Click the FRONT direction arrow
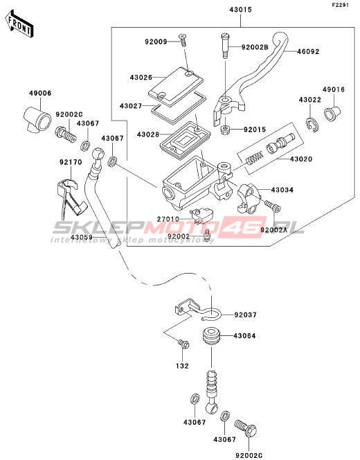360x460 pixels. point(19,24)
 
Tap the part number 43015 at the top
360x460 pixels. point(240,10)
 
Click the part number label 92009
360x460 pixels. point(156,42)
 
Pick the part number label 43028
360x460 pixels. point(148,134)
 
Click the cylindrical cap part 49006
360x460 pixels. point(37,119)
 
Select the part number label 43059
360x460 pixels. point(82,237)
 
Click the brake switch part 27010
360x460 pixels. point(201,215)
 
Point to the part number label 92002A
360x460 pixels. point(274,230)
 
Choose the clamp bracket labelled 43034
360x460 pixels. point(249,198)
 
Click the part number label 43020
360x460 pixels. point(301,159)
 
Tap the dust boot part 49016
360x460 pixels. point(332,113)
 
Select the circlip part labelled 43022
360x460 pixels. point(313,125)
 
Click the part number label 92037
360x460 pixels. point(245,315)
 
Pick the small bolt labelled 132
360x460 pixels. point(184,344)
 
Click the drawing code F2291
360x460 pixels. point(341,5)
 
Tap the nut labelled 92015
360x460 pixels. point(225,130)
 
